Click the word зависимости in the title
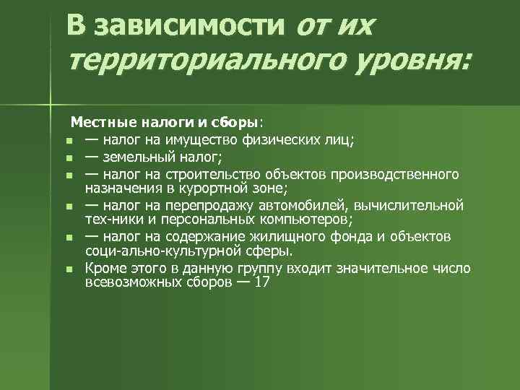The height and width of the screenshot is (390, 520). coord(190,26)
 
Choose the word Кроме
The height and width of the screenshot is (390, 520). coord(103,269)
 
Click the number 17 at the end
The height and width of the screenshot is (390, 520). coord(261,283)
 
